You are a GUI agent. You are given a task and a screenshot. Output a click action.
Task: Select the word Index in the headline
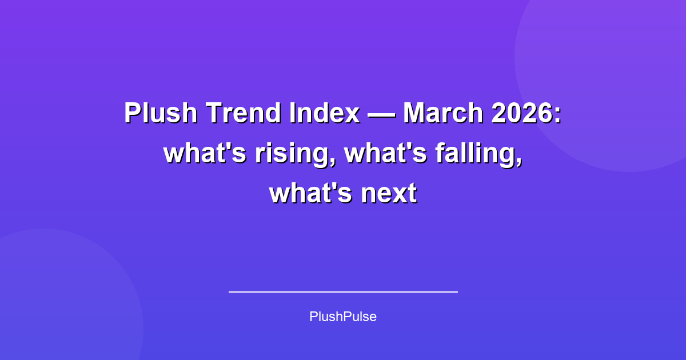[x=325, y=113]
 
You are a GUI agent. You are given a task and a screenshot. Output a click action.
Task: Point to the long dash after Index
[x=381, y=114]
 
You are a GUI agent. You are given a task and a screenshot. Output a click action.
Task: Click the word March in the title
[x=443, y=113]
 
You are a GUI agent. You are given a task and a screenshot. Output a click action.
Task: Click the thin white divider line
[x=343, y=291]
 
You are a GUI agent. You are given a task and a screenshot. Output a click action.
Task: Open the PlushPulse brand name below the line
[x=343, y=317]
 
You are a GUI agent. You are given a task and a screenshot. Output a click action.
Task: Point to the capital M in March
[x=416, y=113]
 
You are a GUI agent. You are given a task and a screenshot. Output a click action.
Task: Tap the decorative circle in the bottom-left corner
[x=51, y=309]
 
